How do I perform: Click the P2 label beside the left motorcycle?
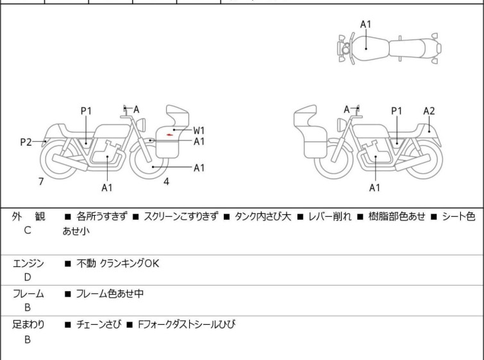click(x=26, y=142)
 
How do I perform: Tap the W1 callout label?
click(x=199, y=130)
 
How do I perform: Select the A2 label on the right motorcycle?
click(x=429, y=111)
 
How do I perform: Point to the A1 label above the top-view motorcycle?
click(x=365, y=24)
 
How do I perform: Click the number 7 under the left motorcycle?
click(x=41, y=182)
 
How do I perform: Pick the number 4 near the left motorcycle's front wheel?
click(x=166, y=182)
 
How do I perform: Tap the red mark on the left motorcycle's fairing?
click(x=169, y=135)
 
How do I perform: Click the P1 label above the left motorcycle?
click(x=86, y=111)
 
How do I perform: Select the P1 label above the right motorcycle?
click(x=397, y=111)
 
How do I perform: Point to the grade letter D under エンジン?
click(x=28, y=277)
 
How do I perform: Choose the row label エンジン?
click(x=28, y=263)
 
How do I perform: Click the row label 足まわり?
click(x=28, y=325)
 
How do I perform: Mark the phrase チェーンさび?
click(x=96, y=325)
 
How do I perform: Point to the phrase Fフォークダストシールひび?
click(x=186, y=325)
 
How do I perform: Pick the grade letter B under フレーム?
click(x=28, y=308)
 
